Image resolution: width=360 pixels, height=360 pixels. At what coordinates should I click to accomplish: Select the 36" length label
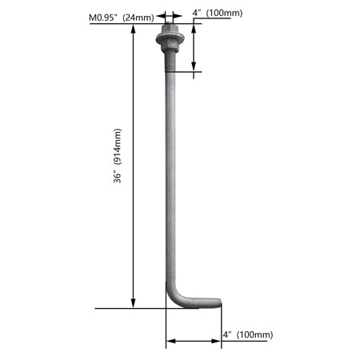click(x=118, y=178)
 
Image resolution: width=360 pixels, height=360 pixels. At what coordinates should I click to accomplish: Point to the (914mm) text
click(x=118, y=151)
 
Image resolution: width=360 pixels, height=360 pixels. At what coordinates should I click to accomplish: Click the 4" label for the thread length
click(x=197, y=13)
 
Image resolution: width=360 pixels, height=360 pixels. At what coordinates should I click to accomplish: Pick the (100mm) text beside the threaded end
click(x=225, y=13)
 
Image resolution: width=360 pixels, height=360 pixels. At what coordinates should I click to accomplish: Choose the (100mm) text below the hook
click(x=256, y=334)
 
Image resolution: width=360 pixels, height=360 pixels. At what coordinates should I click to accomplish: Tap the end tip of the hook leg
click(x=218, y=302)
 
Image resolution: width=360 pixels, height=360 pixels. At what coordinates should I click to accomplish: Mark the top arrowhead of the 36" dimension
click(x=134, y=29)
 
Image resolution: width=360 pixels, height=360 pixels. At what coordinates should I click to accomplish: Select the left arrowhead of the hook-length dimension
click(x=170, y=342)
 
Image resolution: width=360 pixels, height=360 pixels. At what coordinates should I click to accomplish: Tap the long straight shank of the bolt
click(x=170, y=176)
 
